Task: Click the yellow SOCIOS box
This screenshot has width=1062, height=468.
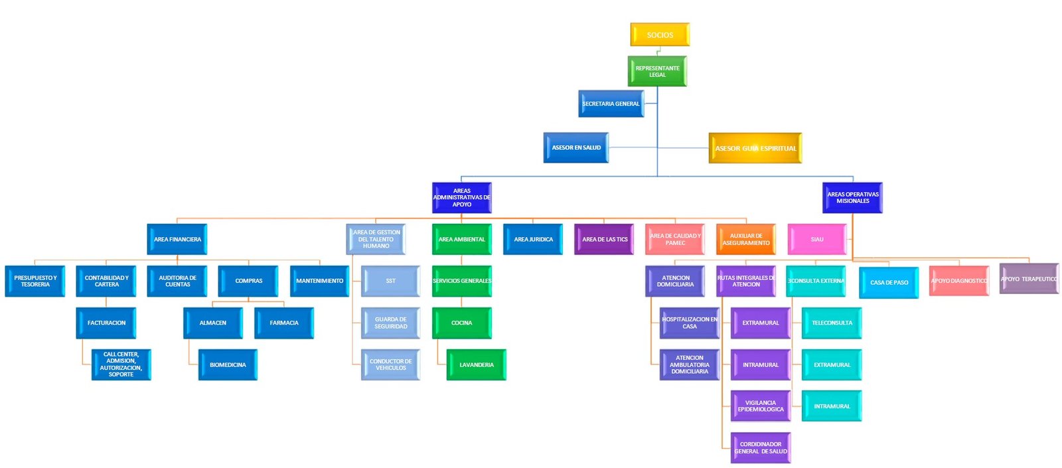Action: click(x=660, y=35)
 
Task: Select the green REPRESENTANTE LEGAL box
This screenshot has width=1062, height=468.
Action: click(x=657, y=71)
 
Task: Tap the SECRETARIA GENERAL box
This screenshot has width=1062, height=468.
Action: click(x=611, y=104)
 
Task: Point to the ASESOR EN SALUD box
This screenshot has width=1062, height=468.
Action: click(x=576, y=147)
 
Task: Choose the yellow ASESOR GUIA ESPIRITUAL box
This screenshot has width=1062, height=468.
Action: click(x=755, y=148)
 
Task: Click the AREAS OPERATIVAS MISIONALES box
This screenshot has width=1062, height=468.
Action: click(x=852, y=198)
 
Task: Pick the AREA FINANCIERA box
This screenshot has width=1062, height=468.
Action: click(x=177, y=239)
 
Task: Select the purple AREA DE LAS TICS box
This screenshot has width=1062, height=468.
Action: click(x=604, y=239)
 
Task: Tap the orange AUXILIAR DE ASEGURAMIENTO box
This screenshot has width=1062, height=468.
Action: click(x=746, y=239)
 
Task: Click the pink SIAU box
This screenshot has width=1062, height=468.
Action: click(x=817, y=239)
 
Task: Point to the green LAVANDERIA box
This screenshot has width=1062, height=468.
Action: click(x=476, y=364)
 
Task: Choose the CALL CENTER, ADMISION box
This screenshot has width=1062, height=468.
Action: click(x=121, y=364)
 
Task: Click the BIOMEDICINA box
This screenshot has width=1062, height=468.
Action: click(x=228, y=364)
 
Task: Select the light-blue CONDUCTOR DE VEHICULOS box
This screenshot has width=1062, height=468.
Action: click(x=390, y=364)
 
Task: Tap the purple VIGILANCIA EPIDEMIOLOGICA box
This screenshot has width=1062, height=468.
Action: click(x=761, y=406)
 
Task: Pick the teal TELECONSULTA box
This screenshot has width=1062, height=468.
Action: click(x=832, y=323)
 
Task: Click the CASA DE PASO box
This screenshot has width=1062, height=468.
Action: click(x=889, y=282)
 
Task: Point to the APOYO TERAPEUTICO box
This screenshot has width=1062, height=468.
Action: click(x=1029, y=279)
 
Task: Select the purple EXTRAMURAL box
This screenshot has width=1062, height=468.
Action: click(x=761, y=323)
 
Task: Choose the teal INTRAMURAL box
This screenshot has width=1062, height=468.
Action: click(x=832, y=406)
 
